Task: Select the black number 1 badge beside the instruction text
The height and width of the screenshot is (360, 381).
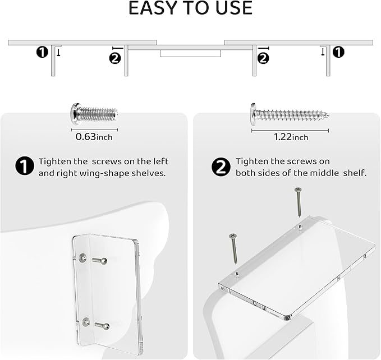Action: pyautogui.click(x=24, y=167)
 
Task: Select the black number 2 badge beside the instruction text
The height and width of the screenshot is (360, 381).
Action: pyautogui.click(x=221, y=167)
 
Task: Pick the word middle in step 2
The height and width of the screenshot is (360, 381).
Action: pyautogui.click(x=323, y=173)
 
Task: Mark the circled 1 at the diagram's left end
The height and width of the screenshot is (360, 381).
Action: pyautogui.click(x=42, y=52)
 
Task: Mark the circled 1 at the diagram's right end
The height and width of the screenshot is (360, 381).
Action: pyautogui.click(x=338, y=52)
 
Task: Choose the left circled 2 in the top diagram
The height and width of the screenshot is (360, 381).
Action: pyautogui.click(x=115, y=57)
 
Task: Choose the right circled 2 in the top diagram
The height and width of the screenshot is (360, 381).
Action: pyautogui.click(x=263, y=57)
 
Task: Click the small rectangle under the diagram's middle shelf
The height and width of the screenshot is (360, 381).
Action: pyautogui.click(x=190, y=53)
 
